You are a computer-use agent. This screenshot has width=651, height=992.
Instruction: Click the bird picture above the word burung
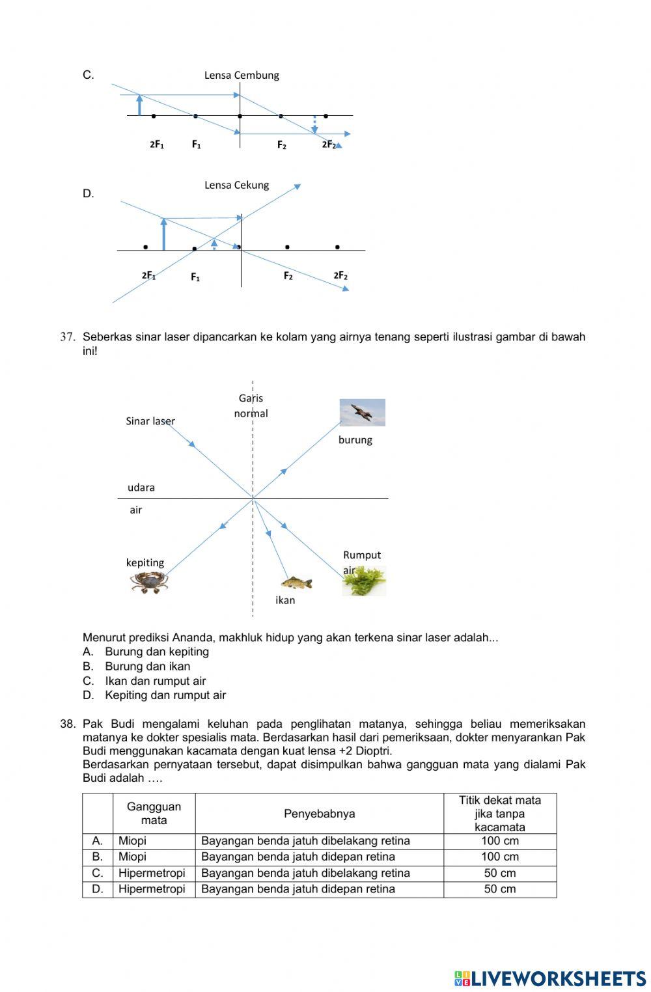tap(362, 413)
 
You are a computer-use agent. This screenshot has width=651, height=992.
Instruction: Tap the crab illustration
tap(148, 581)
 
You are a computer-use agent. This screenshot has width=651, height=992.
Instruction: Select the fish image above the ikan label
tap(296, 583)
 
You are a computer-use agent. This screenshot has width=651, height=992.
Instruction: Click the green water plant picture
tap(365, 581)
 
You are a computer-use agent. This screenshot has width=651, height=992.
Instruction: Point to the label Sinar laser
tap(150, 421)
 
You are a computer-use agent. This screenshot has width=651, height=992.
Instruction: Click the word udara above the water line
tap(141, 488)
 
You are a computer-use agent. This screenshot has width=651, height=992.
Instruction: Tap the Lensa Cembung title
tap(242, 76)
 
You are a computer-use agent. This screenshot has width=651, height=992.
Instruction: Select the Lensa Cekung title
tap(236, 186)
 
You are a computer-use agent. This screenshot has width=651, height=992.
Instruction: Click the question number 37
tap(68, 337)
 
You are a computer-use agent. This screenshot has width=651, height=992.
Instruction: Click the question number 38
tap(68, 724)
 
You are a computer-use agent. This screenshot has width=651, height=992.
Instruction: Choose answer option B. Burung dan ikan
tap(147, 667)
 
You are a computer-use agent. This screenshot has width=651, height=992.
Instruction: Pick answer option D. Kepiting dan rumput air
tap(165, 695)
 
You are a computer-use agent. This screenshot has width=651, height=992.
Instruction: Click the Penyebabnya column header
tap(319, 814)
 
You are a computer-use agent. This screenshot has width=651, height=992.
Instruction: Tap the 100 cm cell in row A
tap(499, 841)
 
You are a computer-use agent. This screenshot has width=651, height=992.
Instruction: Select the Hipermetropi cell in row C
tap(152, 874)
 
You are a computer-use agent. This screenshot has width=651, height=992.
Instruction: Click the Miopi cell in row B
tap(132, 857)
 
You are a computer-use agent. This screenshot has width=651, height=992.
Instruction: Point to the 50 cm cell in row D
tap(499, 889)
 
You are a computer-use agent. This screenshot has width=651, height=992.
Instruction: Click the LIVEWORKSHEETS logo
tap(550, 978)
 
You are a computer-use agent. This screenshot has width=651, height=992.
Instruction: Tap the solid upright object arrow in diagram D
tap(163, 234)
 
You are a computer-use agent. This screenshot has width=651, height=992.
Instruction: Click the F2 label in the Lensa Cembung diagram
tap(281, 145)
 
